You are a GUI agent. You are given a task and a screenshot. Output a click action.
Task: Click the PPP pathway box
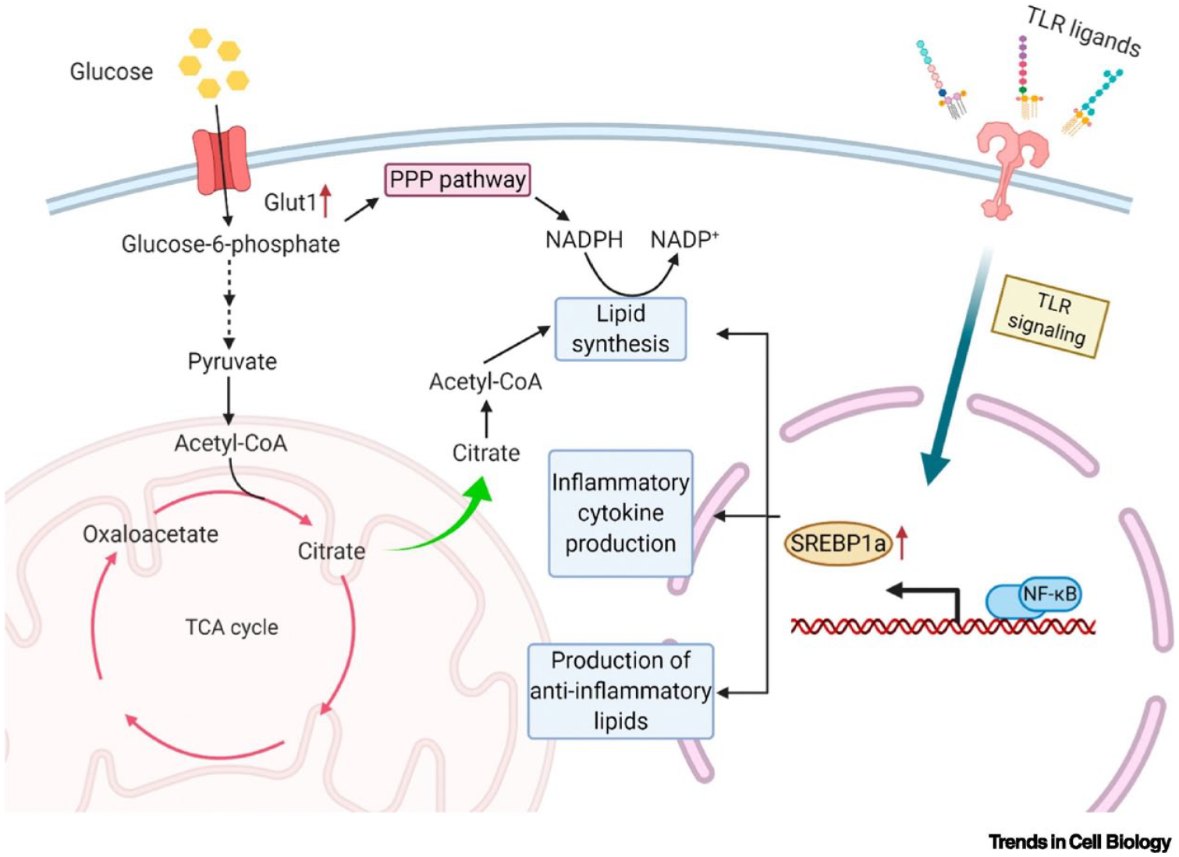pyautogui.click(x=457, y=180)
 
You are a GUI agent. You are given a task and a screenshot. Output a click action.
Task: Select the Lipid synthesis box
pyautogui.click(x=620, y=329)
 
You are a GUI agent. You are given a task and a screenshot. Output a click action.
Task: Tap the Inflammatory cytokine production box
pyautogui.click(x=620, y=513)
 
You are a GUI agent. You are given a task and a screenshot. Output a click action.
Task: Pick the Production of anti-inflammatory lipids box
pyautogui.click(x=620, y=691)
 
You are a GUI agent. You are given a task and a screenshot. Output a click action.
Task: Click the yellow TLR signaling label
pyautogui.click(x=1049, y=317)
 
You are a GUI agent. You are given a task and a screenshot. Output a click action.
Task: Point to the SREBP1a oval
pyautogui.click(x=838, y=544)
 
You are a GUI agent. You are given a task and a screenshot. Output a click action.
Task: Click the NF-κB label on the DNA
pyautogui.click(x=1049, y=594)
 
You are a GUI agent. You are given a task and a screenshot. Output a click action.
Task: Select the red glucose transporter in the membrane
pyautogui.click(x=221, y=160)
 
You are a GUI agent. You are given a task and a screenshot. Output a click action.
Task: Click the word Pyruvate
pyautogui.click(x=232, y=362)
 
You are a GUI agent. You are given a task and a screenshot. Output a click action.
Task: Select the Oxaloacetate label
pyautogui.click(x=151, y=534)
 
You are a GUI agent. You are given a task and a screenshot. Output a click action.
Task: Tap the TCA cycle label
pyautogui.click(x=232, y=627)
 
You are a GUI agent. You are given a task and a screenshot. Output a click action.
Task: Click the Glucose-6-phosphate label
pyautogui.click(x=230, y=244)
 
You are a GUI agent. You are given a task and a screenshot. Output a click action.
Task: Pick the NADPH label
pyautogui.click(x=584, y=239)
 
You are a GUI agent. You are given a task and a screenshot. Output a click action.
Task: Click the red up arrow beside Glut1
pyautogui.click(x=325, y=200)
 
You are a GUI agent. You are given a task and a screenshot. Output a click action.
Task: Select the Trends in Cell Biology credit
pyautogui.click(x=1080, y=842)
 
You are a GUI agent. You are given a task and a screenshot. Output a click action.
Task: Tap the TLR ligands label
pyautogui.click(x=1083, y=32)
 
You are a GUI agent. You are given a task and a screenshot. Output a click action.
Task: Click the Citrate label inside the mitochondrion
pyautogui.click(x=332, y=551)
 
